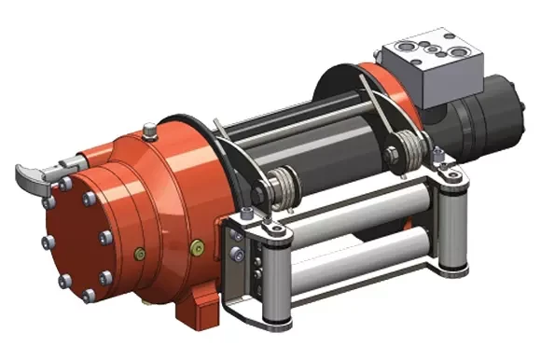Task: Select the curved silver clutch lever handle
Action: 37,172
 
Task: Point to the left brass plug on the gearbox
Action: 139,252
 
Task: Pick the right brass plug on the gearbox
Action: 196,247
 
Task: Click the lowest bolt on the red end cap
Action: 88,296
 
